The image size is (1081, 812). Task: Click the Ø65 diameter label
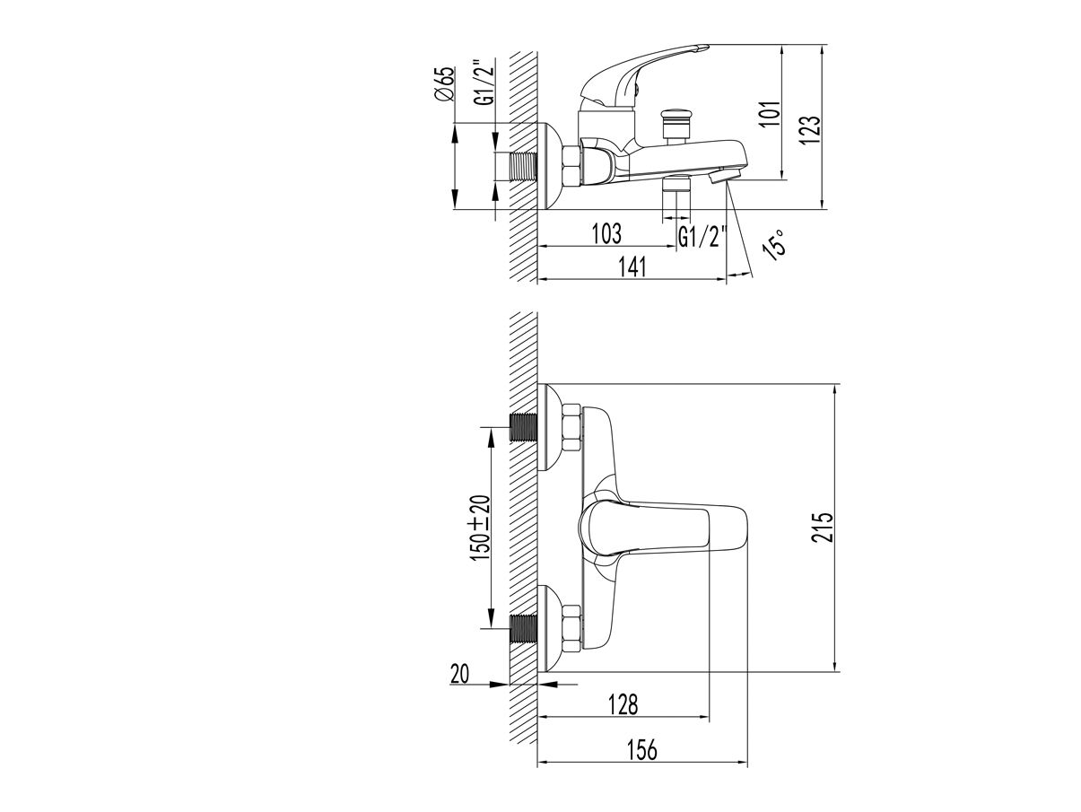[x=445, y=83]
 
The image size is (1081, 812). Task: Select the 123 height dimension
[x=810, y=130]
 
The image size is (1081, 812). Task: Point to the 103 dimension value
[x=606, y=233]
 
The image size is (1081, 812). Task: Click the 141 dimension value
[x=632, y=267]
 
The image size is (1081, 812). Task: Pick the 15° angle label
[x=774, y=244]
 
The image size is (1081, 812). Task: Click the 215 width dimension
[x=823, y=527]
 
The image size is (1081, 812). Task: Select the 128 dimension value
[x=623, y=704]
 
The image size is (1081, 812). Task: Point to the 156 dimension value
[x=642, y=749]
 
